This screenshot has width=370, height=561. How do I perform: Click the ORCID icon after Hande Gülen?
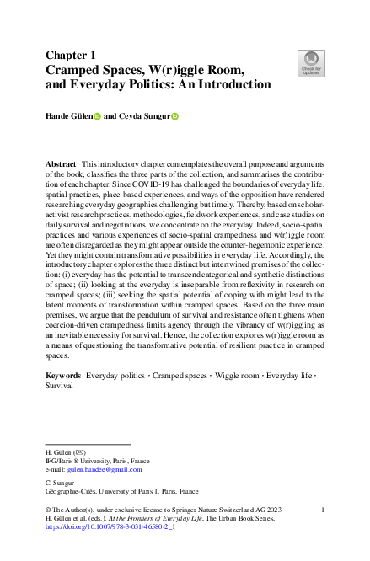97,118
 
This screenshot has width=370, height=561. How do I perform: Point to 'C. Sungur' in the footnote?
60,483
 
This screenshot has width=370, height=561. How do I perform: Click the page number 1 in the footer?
324,509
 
